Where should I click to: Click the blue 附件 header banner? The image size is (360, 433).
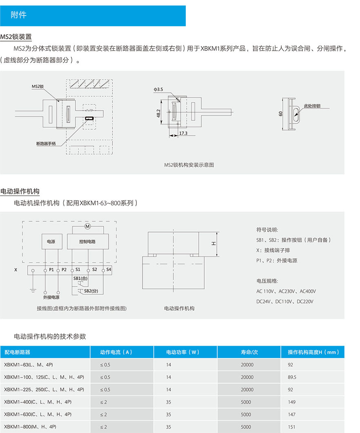(93, 16)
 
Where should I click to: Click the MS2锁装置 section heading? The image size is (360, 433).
(16, 37)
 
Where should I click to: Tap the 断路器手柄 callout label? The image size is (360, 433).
(46, 144)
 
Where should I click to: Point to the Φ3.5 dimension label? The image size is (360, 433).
(158, 89)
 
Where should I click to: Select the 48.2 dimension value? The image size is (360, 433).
(158, 113)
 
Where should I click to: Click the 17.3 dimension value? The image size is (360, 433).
(183, 133)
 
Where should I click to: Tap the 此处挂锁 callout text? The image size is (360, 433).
(312, 106)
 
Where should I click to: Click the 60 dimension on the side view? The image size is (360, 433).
(280, 113)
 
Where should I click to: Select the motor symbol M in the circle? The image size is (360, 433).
(87, 226)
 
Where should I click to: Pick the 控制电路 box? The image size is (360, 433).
(87, 242)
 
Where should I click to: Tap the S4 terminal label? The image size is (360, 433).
(109, 269)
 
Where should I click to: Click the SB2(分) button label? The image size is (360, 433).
(90, 291)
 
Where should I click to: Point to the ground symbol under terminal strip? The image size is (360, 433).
(33, 290)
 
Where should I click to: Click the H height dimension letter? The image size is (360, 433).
(213, 244)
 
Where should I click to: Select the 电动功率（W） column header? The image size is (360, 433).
(182, 352)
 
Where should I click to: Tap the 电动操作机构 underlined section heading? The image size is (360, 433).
(20, 191)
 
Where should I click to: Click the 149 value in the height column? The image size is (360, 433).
(291, 402)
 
